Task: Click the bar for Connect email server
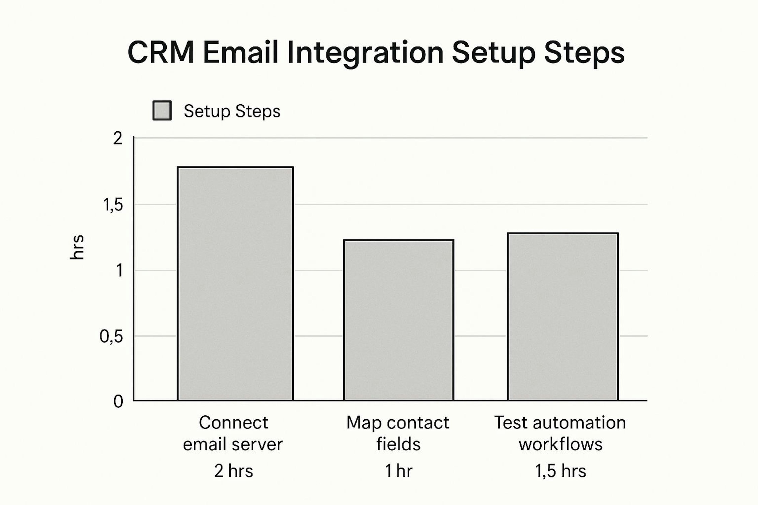[x=235, y=284]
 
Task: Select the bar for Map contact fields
[x=399, y=320]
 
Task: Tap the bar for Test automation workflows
[x=563, y=317]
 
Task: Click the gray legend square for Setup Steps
[x=162, y=110]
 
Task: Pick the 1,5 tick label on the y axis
[x=113, y=205]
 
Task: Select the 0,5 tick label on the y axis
[x=111, y=337]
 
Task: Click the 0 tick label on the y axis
[x=118, y=402]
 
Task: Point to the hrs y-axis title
[x=77, y=247]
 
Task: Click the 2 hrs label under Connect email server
[x=234, y=471]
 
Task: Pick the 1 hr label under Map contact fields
[x=399, y=471]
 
